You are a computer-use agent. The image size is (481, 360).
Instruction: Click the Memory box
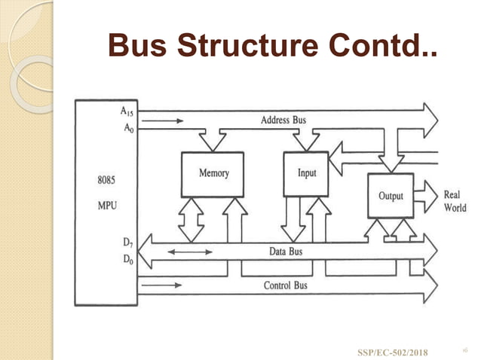pos(213,174)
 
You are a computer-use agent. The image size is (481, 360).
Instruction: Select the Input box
pos(307,174)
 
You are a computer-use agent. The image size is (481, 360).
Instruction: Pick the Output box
pos(390,196)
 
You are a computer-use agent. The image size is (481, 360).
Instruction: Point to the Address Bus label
pos(283,121)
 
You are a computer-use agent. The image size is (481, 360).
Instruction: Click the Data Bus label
pos(286,252)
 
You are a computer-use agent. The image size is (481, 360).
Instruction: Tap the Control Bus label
pos(285,285)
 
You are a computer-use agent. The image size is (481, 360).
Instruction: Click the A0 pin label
pos(127,128)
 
